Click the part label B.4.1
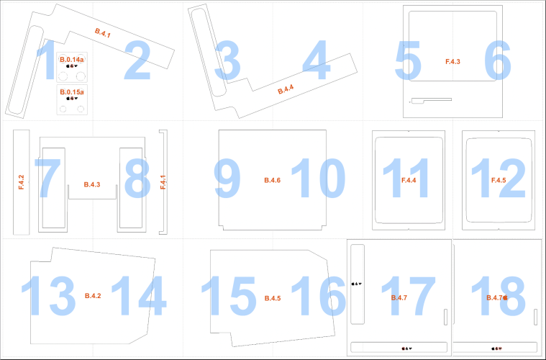pyautogui.click(x=103, y=32)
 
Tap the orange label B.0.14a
pyautogui.click(x=72, y=60)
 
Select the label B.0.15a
pyautogui.click(x=72, y=92)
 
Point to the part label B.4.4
pyautogui.click(x=286, y=89)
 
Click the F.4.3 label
pyautogui.click(x=452, y=62)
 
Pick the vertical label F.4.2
pyautogui.click(x=22, y=182)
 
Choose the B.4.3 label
pyautogui.click(x=92, y=184)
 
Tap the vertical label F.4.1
pyautogui.click(x=163, y=182)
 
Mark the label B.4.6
pyautogui.click(x=273, y=180)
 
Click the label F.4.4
pyautogui.click(x=409, y=180)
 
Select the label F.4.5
pyautogui.click(x=499, y=180)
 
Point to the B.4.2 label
pyautogui.click(x=93, y=296)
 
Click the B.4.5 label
pyautogui.click(x=273, y=298)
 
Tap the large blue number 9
pyautogui.click(x=227, y=178)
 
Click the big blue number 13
pyautogui.click(x=48, y=296)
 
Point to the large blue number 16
pyautogui.click(x=318, y=296)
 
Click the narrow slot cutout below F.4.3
pyautogui.click(x=432, y=101)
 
